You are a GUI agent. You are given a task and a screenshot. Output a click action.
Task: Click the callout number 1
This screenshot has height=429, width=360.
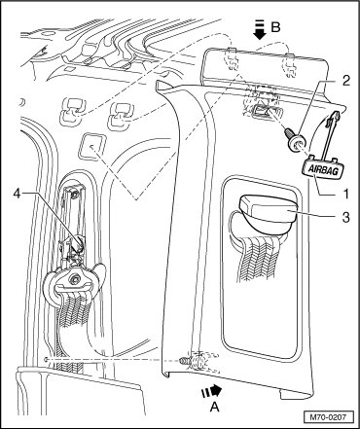click(x=345, y=194)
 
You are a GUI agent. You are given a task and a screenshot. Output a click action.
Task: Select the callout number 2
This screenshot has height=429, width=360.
click(x=345, y=81)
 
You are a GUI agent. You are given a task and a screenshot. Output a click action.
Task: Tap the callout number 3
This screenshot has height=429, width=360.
click(x=346, y=217)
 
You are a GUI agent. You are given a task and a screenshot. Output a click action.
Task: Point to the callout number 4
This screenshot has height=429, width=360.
click(x=18, y=194)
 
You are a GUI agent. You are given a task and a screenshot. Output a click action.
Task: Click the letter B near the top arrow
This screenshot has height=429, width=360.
click(x=275, y=27)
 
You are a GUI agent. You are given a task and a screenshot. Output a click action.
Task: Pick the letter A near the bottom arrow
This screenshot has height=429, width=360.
click(x=214, y=407)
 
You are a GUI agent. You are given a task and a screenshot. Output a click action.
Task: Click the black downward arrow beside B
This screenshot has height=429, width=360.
click(x=260, y=30)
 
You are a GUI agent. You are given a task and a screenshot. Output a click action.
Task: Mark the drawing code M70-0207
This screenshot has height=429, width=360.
click(x=329, y=416)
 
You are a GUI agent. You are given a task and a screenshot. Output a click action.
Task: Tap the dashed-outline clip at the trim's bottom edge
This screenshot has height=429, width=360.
click(x=198, y=361)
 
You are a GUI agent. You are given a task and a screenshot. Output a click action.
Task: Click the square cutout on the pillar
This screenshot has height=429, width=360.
click(x=92, y=148)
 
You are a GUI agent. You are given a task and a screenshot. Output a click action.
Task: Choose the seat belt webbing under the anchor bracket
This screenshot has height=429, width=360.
click(x=73, y=314)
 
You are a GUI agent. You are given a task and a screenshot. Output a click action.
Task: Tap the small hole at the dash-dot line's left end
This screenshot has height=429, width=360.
click(x=48, y=360)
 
